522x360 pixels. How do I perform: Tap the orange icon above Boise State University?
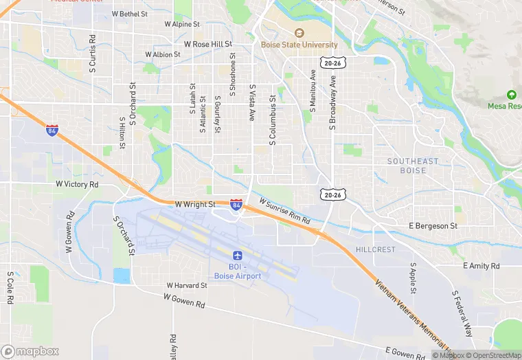pos(299,33)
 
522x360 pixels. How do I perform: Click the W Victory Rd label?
pos(77,185)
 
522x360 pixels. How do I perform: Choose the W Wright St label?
pos(195,204)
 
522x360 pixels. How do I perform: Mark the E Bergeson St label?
pos(433,225)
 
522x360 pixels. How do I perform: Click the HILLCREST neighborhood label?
pos(375,249)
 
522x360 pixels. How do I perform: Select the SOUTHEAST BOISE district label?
pos(412,166)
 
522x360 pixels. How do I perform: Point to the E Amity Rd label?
pos(481,265)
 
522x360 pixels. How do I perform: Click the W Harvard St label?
pos(187,285)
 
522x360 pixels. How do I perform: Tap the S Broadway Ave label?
pos(332,102)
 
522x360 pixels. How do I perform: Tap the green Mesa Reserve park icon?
pos(511,95)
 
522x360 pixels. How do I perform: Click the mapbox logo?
pos(30,351)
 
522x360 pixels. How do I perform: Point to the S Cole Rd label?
pos(10,287)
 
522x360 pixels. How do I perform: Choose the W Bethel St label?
pos(124,14)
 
